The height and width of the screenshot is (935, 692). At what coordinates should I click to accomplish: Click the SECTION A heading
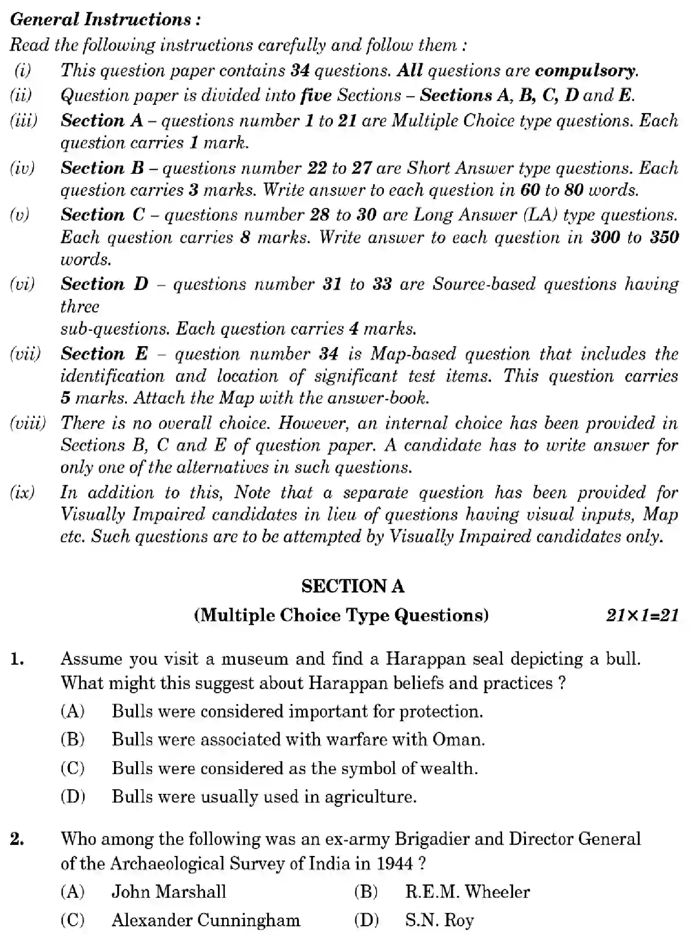point(353,586)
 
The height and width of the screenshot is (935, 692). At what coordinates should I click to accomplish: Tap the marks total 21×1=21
point(642,616)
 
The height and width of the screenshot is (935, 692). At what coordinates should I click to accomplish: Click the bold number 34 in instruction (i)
point(300,70)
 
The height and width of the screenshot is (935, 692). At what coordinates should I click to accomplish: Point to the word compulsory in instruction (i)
point(586,70)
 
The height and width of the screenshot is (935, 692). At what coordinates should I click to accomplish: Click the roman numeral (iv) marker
point(22,168)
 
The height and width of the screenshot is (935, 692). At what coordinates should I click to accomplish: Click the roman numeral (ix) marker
point(22,492)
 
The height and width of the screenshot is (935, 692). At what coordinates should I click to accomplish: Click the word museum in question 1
point(255,659)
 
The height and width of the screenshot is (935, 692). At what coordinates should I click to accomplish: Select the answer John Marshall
point(169,892)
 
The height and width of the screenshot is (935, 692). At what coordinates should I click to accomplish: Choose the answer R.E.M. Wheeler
point(467,892)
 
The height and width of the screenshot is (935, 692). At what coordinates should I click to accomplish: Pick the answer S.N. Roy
point(439,921)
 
